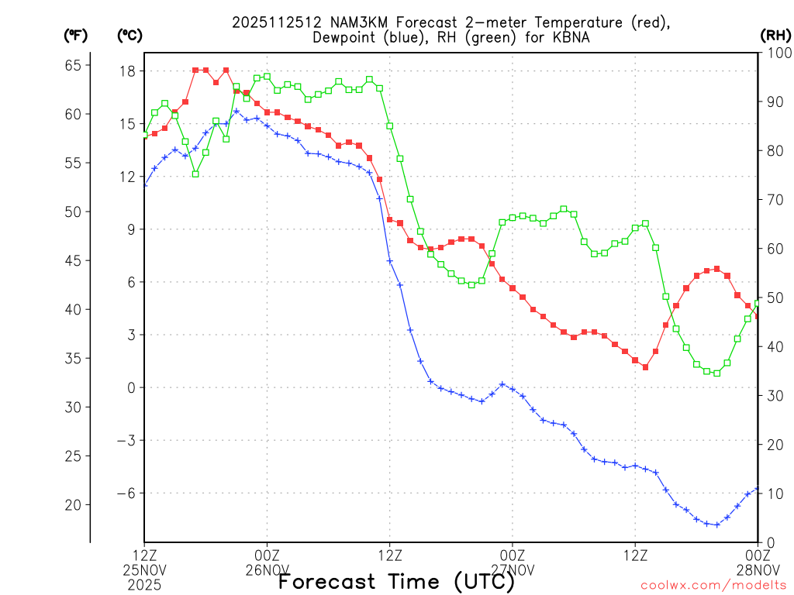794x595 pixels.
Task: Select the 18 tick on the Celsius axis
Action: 127,71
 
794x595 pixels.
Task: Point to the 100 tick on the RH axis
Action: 775,53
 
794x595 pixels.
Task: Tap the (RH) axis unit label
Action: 775,35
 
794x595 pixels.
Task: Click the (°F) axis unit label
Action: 75,35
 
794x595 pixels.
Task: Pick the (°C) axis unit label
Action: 129,35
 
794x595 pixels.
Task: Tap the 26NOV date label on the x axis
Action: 267,571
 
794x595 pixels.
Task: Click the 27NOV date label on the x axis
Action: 513,571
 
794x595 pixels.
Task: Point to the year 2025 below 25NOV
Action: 144,585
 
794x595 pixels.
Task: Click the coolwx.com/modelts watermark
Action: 713,585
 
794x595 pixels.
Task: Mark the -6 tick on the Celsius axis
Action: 125,493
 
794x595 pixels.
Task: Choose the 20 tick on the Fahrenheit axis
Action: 73,504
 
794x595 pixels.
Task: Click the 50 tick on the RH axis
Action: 775,297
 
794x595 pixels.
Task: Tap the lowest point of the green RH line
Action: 716,373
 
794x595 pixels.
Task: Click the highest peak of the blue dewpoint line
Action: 236,111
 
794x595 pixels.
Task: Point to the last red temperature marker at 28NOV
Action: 758,315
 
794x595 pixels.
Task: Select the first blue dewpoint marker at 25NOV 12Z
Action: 144,184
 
